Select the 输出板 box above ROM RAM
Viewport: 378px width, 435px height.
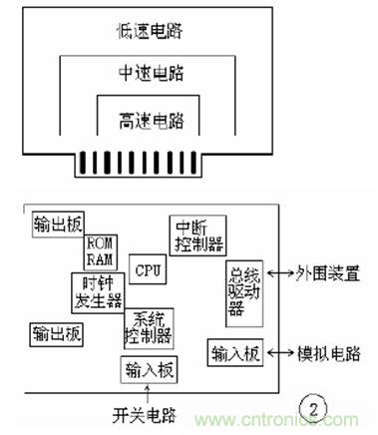pyautogui.click(x=56, y=221)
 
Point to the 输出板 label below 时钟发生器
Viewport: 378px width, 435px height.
pyautogui.click(x=56, y=332)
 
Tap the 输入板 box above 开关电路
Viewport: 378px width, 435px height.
pyautogui.click(x=148, y=370)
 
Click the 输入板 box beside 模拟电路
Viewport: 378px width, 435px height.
pyautogui.click(x=235, y=352)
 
